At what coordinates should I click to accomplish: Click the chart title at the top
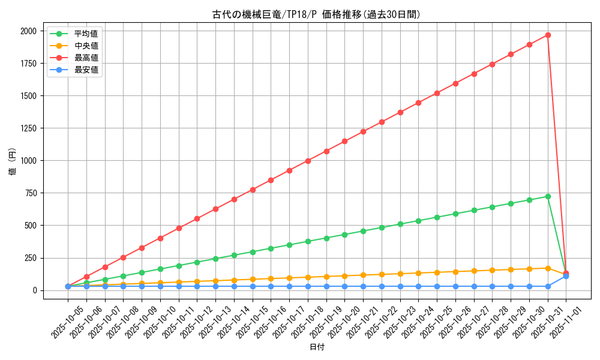click(316, 14)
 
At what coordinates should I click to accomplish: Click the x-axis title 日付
click(317, 347)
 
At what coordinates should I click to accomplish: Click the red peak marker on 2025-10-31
click(548, 35)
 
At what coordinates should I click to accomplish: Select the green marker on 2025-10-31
click(548, 196)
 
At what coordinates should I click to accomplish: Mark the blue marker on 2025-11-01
click(566, 276)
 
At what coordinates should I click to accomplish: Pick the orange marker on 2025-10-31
click(548, 268)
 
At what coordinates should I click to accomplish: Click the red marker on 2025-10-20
click(344, 142)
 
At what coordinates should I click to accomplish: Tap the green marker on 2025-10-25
click(437, 217)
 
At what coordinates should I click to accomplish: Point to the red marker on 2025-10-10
click(160, 238)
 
